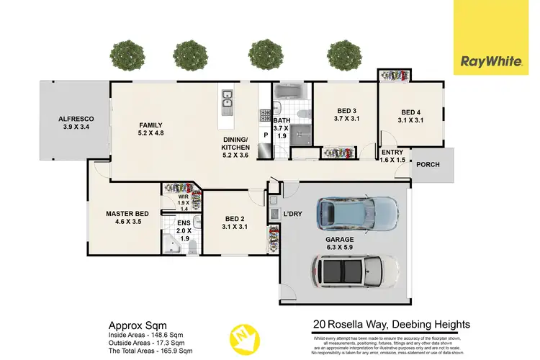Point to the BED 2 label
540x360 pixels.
coord(235,222)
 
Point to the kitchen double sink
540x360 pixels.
coord(228,102)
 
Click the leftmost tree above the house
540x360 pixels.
coord(126,54)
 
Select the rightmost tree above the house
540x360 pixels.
coord(344,54)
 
